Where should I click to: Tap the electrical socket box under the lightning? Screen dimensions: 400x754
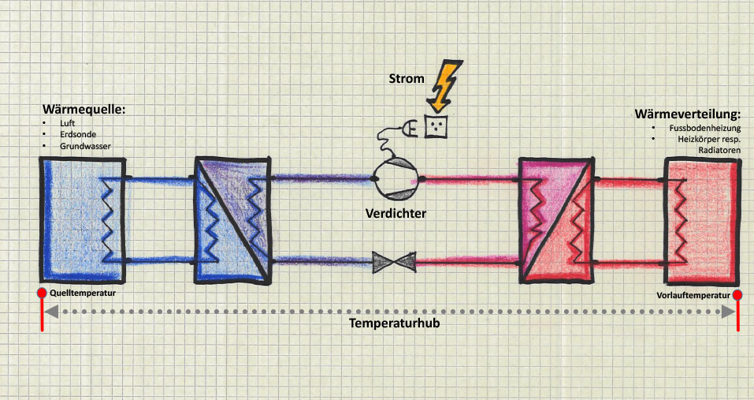pos(437,125)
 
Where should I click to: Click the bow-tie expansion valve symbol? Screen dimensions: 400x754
pos(395,262)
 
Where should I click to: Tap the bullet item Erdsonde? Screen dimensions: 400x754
pos(74,135)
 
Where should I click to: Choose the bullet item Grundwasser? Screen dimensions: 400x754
pos(84,146)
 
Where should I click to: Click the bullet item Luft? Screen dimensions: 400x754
pos(67,124)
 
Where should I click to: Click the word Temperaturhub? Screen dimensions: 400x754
pos(394,324)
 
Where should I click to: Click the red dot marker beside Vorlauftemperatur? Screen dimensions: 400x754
pos(738,296)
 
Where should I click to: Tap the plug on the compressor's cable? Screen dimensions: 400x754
pos(411,126)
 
